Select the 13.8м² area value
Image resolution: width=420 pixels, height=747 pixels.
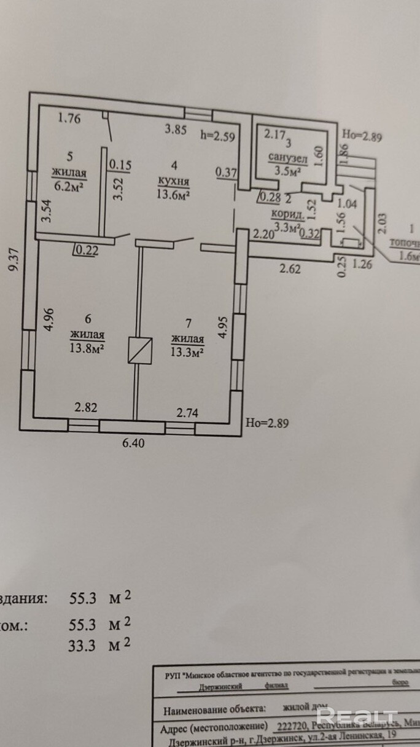(85, 348)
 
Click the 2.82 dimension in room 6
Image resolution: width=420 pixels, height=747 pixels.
(85, 407)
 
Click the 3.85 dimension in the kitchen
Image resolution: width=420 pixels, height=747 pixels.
(176, 129)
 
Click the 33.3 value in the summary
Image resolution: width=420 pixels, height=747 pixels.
(82, 644)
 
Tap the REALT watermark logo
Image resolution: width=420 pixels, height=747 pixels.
(357, 716)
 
